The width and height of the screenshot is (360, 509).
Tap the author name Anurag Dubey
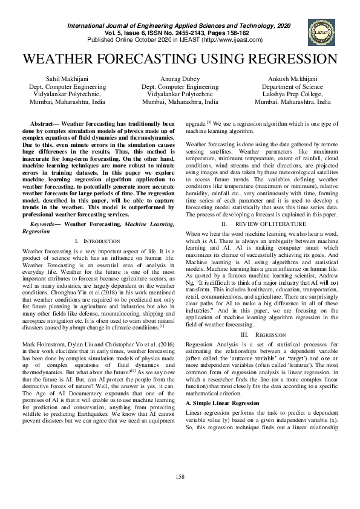coord(180,79)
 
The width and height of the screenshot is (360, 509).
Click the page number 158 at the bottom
coord(180,477)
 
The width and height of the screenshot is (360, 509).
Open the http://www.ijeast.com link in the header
coord(229,40)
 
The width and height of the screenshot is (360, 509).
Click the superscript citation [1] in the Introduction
coord(162,310)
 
